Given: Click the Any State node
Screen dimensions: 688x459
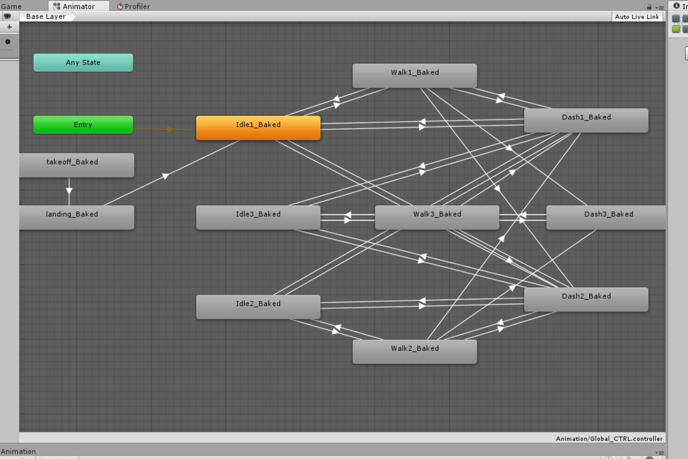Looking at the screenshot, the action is click(83, 63).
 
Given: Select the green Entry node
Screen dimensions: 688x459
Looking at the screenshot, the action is click(83, 125).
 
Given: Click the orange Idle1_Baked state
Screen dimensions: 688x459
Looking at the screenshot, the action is click(258, 128).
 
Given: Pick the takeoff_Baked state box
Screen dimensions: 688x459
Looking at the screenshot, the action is click(77, 165).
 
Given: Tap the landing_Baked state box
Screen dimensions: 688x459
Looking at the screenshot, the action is click(77, 217).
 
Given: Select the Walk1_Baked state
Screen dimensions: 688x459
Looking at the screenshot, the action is click(415, 75).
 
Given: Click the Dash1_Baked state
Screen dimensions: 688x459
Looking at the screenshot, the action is click(586, 120).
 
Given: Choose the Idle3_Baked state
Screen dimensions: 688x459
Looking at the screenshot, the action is click(258, 217).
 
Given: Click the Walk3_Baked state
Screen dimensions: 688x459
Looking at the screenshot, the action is click(437, 217).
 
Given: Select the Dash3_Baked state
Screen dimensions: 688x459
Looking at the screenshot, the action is click(606, 217).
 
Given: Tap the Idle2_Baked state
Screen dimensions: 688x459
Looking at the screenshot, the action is click(258, 307).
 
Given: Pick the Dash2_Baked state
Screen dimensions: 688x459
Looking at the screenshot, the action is click(586, 299).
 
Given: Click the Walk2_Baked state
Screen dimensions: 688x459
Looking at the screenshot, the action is click(415, 352).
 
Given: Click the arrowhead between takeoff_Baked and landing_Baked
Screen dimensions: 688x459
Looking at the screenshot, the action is click(69, 191).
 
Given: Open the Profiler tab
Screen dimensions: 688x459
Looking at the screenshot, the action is click(134, 6).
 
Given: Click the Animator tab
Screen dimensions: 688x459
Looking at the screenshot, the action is click(74, 6).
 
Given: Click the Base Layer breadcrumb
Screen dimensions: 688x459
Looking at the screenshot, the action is click(46, 17).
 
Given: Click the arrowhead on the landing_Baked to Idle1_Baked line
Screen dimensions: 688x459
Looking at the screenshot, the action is click(166, 176).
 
